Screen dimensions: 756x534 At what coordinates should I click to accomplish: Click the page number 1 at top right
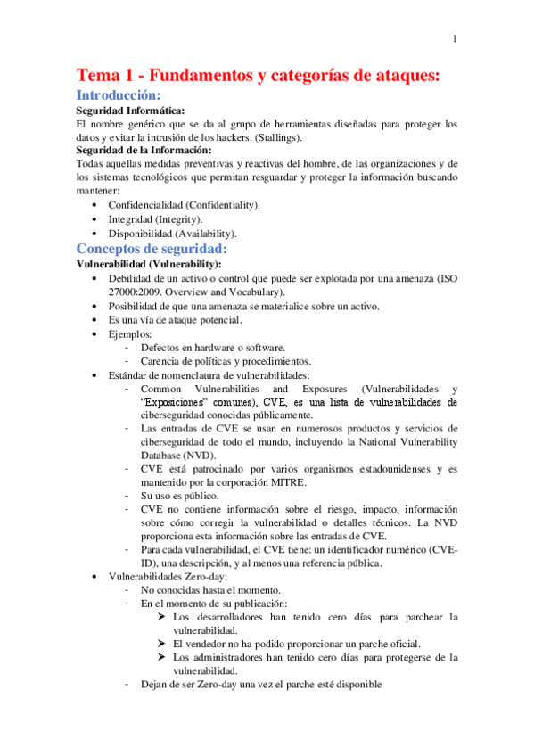click(x=455, y=38)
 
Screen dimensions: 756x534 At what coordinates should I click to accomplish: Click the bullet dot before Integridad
click(x=95, y=218)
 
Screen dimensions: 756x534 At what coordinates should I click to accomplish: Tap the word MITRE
click(x=287, y=482)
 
